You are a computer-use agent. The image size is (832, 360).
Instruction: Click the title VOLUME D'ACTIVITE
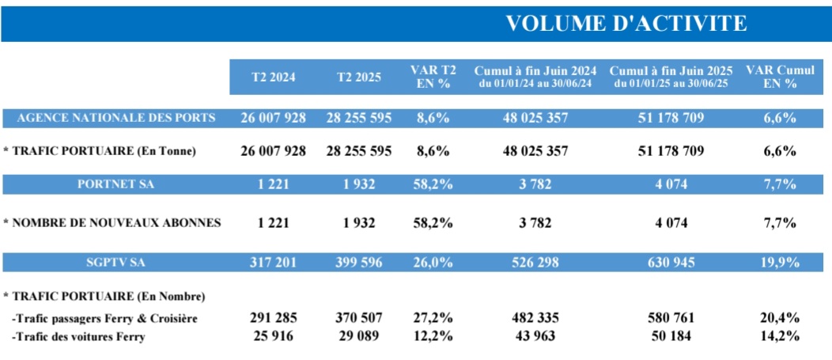pyautogui.click(x=626, y=23)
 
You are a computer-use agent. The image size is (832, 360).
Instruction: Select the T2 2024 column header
pyautogui.click(x=273, y=78)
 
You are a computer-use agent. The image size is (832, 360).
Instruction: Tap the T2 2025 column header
pyautogui.click(x=358, y=78)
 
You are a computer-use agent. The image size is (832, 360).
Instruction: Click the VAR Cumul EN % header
pyautogui.click(x=780, y=77)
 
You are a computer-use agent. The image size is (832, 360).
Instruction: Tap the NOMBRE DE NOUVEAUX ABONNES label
pyautogui.click(x=112, y=223)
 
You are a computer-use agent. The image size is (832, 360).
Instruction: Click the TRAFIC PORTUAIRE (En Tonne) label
pyautogui.click(x=99, y=151)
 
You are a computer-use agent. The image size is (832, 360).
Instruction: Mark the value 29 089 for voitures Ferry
pyautogui.click(x=358, y=335)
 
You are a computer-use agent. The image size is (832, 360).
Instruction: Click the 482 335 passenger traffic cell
pyautogui.click(x=535, y=318)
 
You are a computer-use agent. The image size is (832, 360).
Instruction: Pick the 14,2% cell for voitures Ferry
pyautogui.click(x=780, y=335)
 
